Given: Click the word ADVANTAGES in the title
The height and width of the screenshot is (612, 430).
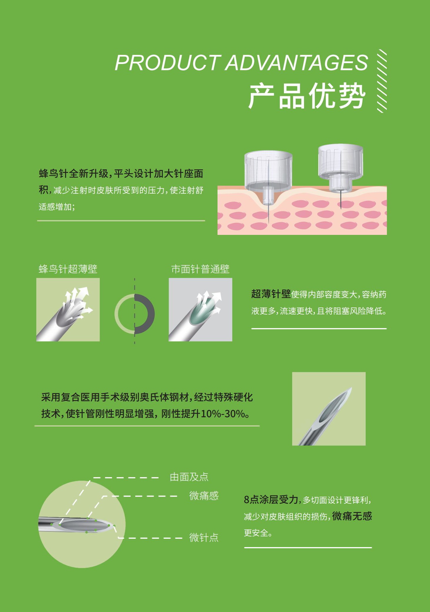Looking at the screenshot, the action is (x=297, y=63).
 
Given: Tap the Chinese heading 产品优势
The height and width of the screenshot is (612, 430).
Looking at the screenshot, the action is (x=307, y=96).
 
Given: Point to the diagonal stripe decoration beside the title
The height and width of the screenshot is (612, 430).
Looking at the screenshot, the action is (x=382, y=81).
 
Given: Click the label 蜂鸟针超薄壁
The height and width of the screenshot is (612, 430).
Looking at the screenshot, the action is (x=68, y=269).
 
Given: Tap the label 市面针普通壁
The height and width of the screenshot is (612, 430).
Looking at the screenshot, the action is (x=200, y=269).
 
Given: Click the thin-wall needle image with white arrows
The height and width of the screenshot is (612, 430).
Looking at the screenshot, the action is (x=68, y=310).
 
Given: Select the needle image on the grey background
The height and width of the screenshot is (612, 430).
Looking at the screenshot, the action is (x=200, y=310).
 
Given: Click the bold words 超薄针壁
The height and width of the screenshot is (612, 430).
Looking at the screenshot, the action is (x=271, y=294).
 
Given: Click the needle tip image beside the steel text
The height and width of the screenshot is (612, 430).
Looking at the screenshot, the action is (x=329, y=409).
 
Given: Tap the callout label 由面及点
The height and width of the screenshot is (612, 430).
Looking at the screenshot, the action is (x=189, y=477).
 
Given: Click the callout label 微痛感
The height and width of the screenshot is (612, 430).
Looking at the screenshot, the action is (x=204, y=495).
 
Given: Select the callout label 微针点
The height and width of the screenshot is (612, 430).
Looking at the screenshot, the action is (x=204, y=537).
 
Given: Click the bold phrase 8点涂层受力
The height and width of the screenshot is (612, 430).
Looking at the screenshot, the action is (x=271, y=500).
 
